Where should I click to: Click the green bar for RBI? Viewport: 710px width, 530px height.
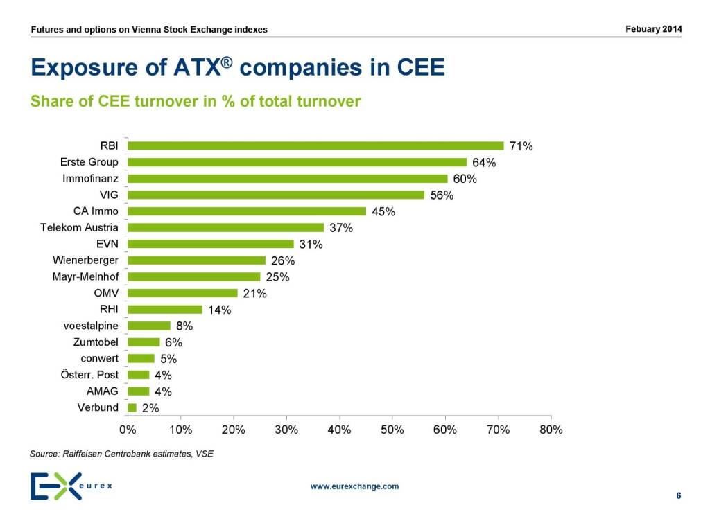(315, 145)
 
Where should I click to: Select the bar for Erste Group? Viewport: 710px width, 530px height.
(297, 162)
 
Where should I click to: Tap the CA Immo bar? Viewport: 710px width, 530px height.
(247, 211)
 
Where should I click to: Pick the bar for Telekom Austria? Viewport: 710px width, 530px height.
(226, 227)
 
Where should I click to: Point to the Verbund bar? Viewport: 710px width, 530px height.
(132, 407)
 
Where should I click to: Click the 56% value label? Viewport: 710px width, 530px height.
(442, 195)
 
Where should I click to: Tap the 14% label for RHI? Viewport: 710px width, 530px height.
(220, 310)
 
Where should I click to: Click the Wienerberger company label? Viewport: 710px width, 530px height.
(85, 260)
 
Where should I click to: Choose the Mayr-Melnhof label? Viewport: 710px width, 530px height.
(85, 276)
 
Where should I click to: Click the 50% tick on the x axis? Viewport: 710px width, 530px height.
(392, 430)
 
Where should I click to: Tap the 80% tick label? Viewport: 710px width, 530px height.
(551, 430)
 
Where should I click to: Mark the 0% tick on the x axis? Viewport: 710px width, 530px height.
(128, 430)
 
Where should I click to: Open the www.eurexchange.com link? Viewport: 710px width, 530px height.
(354, 486)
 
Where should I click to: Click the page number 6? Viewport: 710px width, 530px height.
(678, 495)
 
